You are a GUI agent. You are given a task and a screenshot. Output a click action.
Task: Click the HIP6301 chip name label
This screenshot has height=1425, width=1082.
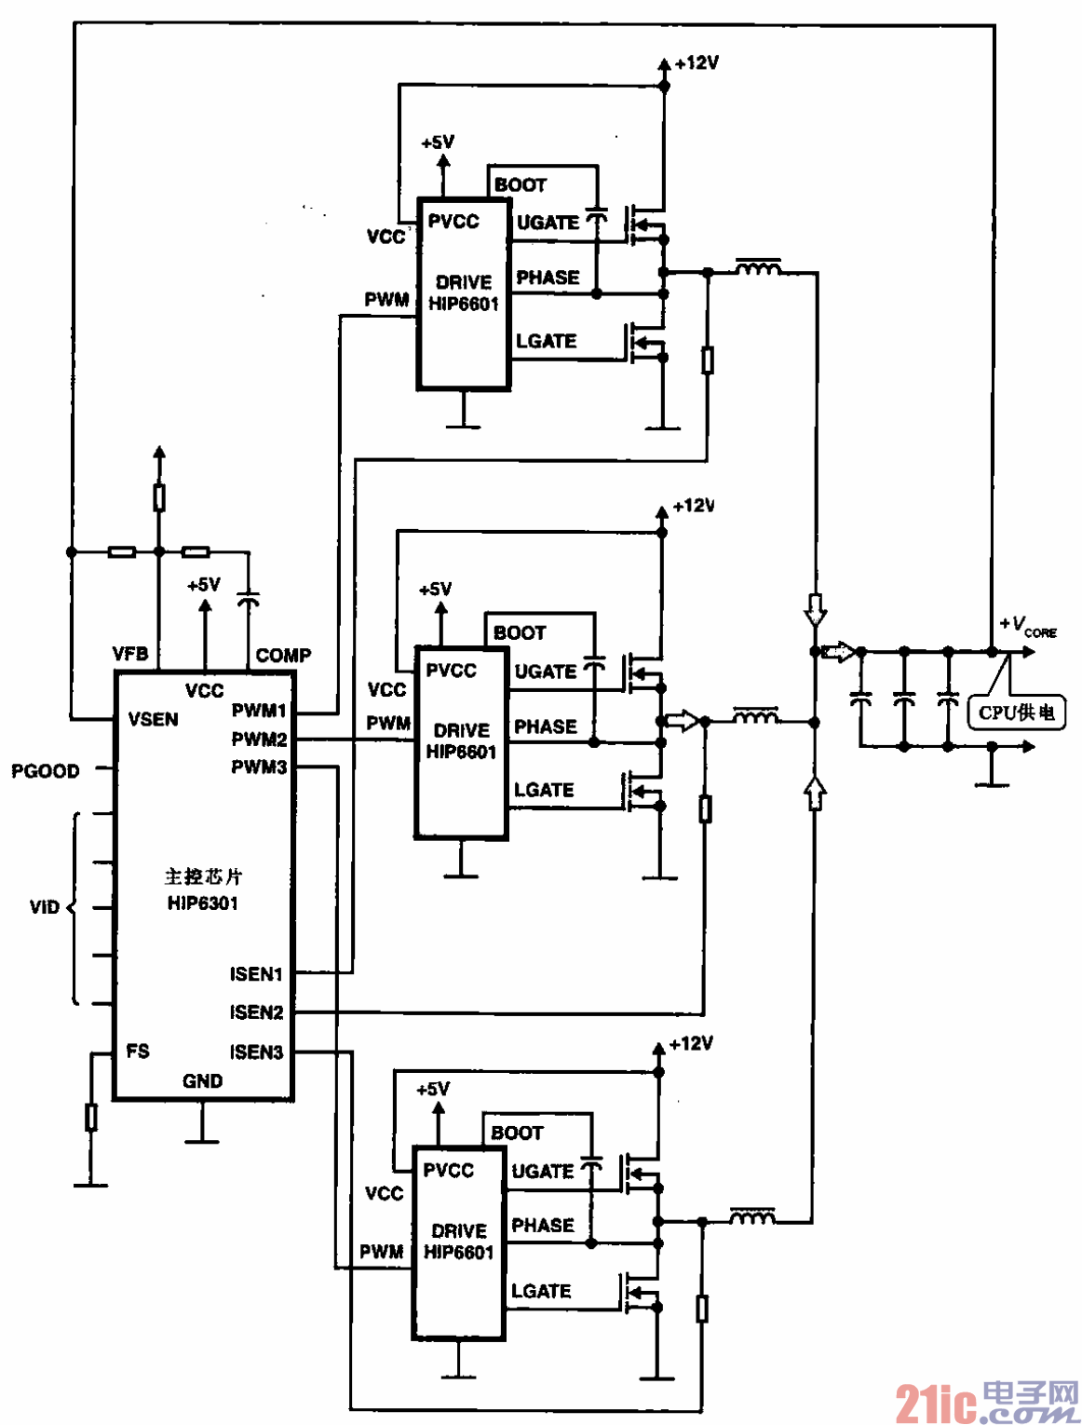click(203, 902)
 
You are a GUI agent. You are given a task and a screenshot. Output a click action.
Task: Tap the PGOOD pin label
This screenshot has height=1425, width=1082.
click(46, 771)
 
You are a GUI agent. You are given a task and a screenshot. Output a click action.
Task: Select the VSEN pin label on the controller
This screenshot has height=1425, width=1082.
click(153, 719)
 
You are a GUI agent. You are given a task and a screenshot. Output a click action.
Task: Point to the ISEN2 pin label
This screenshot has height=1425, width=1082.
click(256, 1011)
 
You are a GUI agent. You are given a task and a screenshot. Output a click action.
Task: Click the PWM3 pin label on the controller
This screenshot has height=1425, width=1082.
click(259, 767)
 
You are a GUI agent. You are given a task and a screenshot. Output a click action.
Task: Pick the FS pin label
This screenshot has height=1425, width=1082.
click(138, 1051)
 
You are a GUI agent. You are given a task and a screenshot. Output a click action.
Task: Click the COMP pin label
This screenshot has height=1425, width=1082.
click(283, 655)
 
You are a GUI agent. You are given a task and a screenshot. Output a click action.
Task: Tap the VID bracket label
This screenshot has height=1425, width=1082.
click(44, 907)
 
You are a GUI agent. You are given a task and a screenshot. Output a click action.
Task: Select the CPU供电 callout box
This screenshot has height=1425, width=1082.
click(1016, 712)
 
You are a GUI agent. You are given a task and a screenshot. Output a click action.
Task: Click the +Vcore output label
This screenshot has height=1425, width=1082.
click(1027, 626)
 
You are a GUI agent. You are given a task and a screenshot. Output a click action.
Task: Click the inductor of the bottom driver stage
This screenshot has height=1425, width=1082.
click(751, 1215)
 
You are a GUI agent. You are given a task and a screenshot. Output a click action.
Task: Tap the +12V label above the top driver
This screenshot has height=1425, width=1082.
click(697, 63)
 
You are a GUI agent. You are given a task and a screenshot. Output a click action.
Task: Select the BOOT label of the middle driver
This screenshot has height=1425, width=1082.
click(520, 633)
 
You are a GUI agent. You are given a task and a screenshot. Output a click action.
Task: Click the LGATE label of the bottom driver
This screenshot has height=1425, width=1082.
click(541, 1291)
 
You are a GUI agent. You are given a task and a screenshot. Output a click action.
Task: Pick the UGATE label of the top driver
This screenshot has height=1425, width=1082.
click(548, 223)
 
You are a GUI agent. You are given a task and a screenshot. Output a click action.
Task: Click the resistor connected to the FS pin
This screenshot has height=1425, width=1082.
click(91, 1117)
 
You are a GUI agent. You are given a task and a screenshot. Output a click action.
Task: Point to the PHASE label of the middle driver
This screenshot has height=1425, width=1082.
click(546, 726)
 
